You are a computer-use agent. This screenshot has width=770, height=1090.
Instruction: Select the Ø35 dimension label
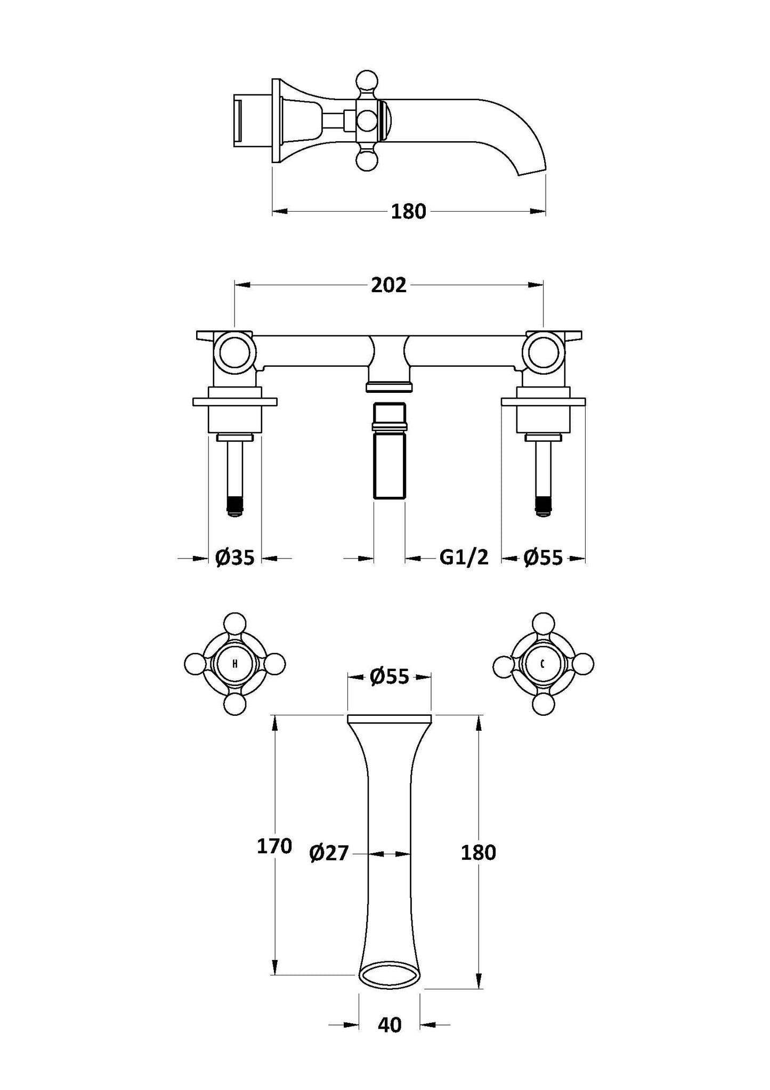click(234, 558)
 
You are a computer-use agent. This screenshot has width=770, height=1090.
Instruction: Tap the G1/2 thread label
click(463, 558)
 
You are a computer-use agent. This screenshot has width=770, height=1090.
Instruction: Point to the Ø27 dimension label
click(329, 853)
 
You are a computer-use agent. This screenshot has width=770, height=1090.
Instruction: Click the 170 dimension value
click(274, 846)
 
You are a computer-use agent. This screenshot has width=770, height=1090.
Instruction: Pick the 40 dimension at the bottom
click(389, 1024)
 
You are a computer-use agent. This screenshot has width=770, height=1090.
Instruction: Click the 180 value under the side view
click(409, 212)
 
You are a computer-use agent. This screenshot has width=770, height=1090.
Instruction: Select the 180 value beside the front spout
click(478, 853)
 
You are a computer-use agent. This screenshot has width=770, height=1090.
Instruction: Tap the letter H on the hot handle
click(235, 664)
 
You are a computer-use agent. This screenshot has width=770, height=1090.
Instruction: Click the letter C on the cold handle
click(542, 664)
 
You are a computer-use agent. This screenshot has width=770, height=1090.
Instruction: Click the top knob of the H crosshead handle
click(235, 624)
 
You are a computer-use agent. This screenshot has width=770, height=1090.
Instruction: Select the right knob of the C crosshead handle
click(583, 664)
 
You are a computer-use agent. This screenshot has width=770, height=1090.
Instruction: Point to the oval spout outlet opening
click(389, 975)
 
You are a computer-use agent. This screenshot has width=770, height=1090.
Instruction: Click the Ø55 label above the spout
click(389, 677)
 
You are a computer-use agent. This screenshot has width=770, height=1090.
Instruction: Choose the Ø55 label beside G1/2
click(542, 558)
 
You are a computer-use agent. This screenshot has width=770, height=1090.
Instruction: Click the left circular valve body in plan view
click(235, 351)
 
